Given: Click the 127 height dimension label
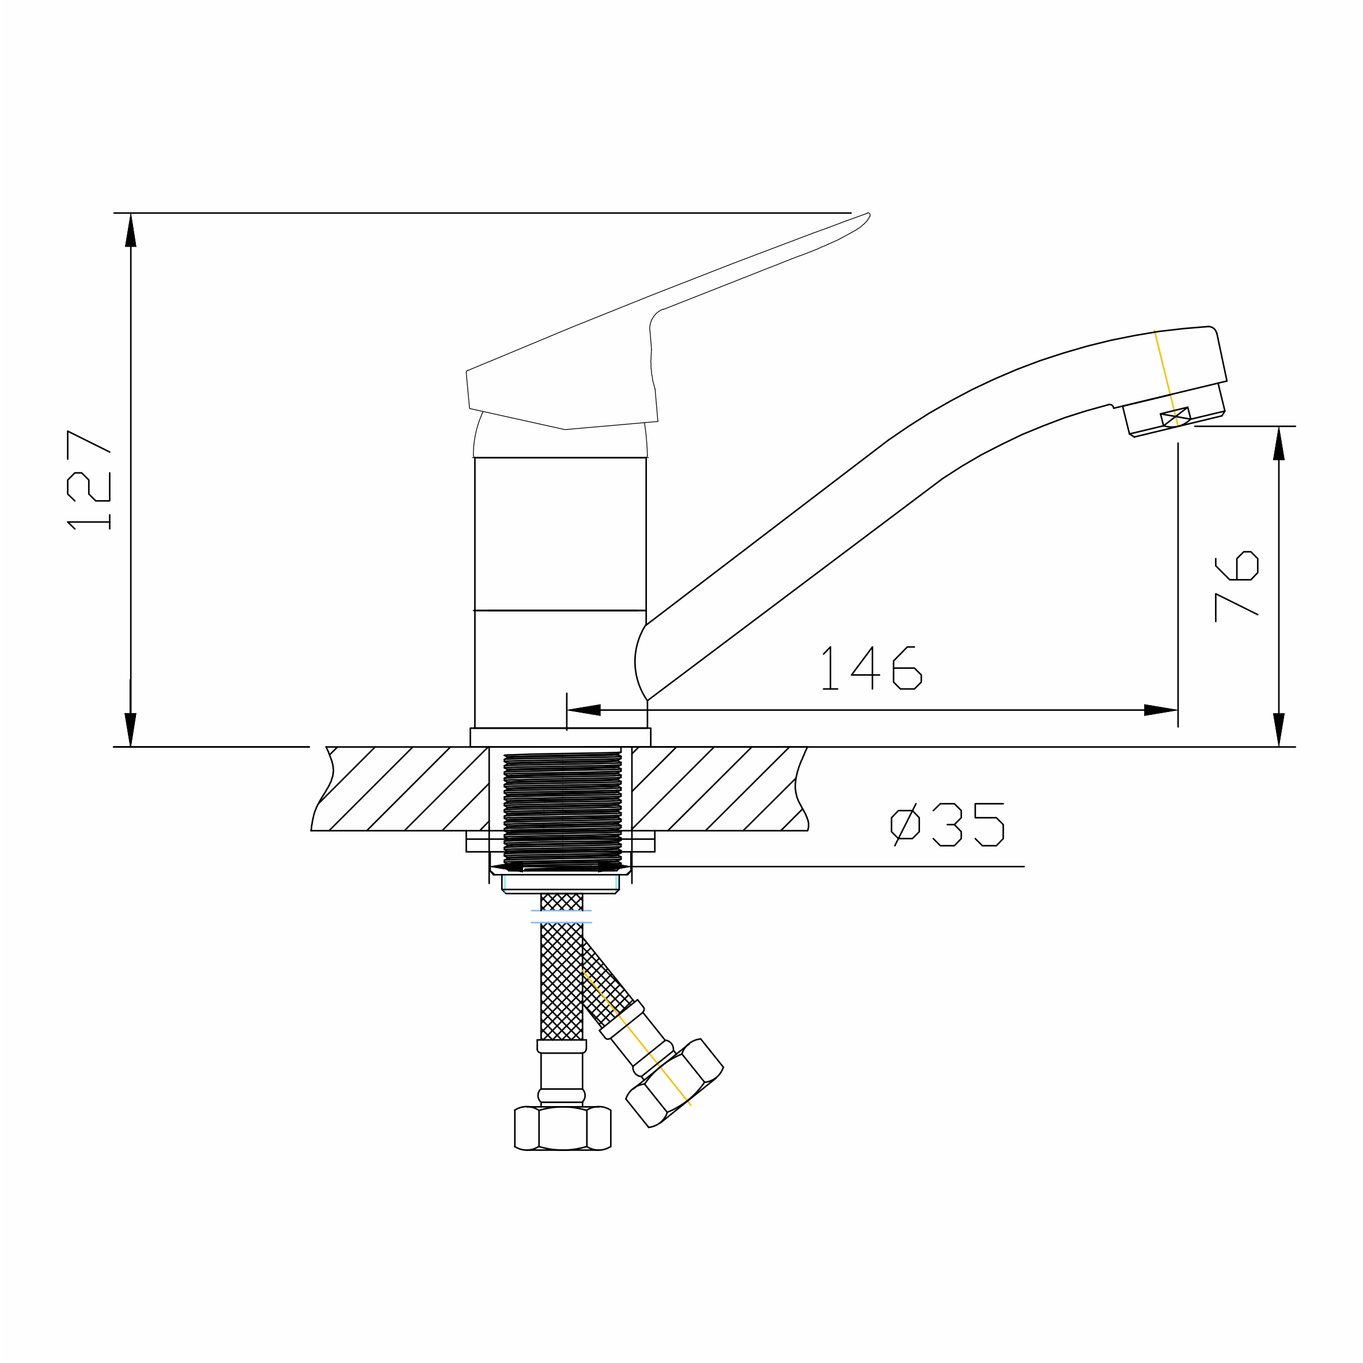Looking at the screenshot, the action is click(x=89, y=480).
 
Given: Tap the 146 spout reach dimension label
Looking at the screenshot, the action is click(x=872, y=668).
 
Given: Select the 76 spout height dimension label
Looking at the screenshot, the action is click(x=1237, y=586).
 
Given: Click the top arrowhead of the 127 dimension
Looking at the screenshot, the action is click(x=131, y=230).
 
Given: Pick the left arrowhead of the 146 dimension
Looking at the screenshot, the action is click(x=584, y=710).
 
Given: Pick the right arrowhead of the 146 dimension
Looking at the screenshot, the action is click(x=1161, y=710).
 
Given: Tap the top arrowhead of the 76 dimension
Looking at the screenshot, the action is click(x=1278, y=443).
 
